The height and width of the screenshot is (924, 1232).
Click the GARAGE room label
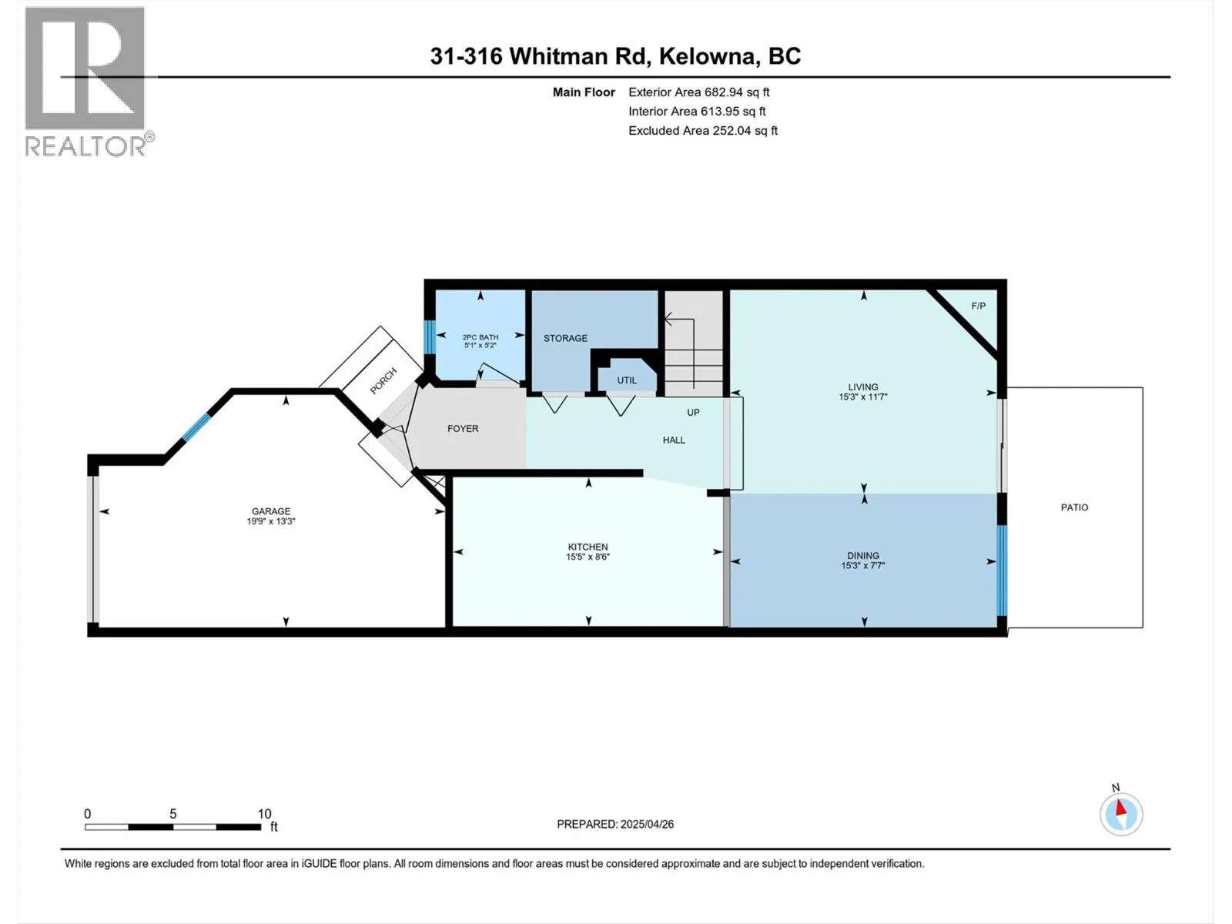point(271,511)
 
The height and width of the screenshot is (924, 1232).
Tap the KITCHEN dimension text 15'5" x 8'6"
point(588,557)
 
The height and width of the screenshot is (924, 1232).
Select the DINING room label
point(862,555)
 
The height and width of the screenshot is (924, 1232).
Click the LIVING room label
point(862,387)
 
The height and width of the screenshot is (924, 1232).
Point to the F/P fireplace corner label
point(978,306)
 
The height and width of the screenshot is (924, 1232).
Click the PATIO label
point(1074,507)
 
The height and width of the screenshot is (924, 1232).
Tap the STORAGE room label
point(565,338)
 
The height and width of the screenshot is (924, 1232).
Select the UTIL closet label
point(627,380)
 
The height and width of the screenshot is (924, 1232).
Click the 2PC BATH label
point(480,337)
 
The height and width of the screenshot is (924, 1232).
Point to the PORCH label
point(383,380)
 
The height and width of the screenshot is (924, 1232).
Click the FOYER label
point(463,429)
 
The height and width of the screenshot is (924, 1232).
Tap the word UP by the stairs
point(693,413)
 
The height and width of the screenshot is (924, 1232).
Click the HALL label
point(674,440)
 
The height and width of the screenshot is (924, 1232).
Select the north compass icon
point(1121,814)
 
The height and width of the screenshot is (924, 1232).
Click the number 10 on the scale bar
point(264,814)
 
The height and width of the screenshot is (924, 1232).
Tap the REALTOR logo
point(86,81)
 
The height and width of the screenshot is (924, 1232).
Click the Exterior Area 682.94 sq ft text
point(698,92)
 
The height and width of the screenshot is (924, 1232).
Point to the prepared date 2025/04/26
point(645,824)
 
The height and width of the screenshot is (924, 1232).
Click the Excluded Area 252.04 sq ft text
point(702,131)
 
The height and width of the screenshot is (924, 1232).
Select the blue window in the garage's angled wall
point(196,427)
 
